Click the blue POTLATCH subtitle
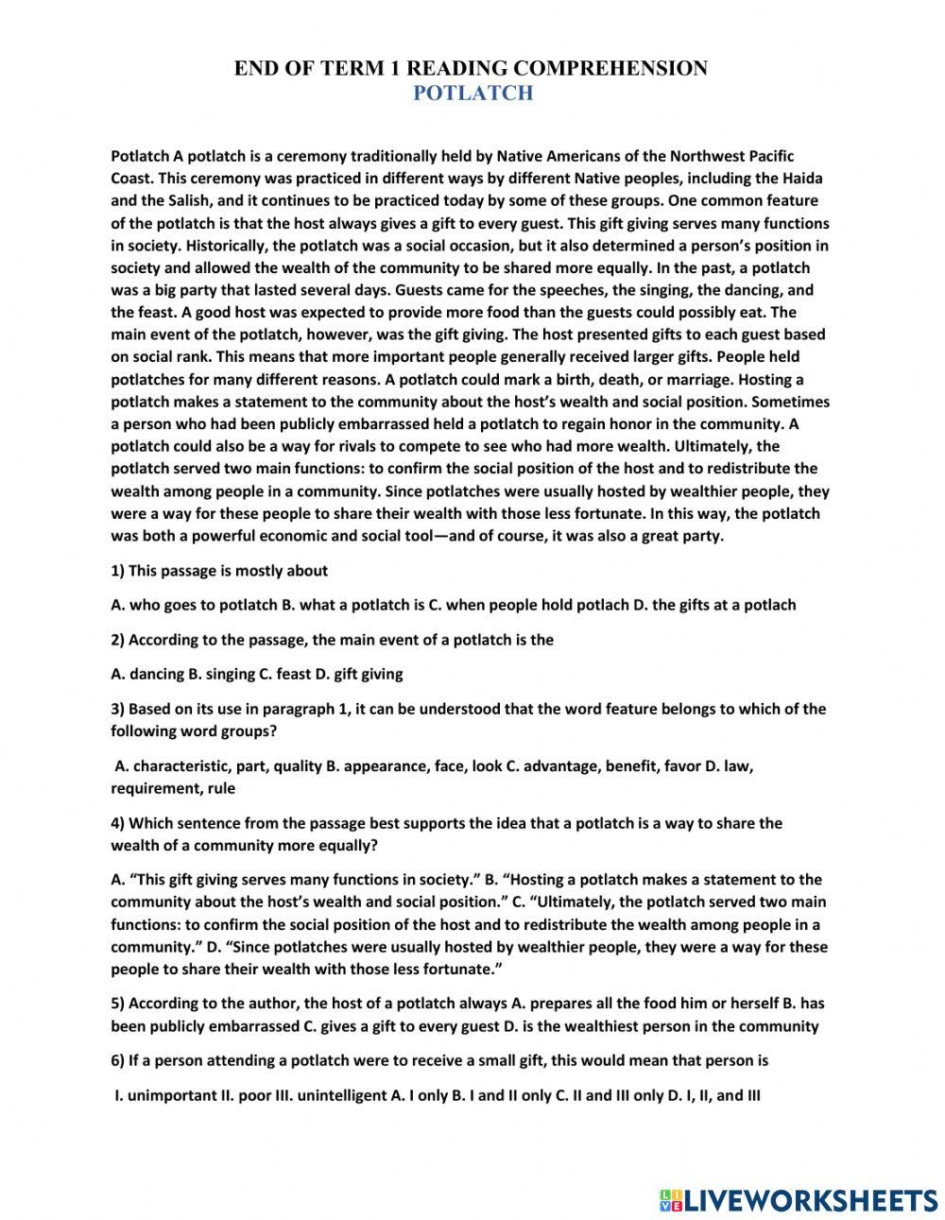point(472,93)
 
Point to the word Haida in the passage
point(802,178)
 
